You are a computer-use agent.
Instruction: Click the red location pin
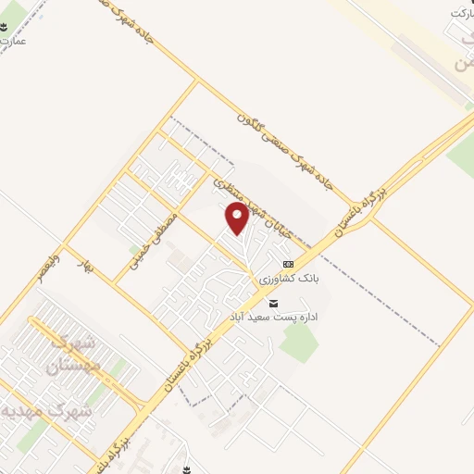coord(238,218)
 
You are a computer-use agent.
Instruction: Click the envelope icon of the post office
coord(272,303)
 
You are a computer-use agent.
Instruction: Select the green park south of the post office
coord(298,343)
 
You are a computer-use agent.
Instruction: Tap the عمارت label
coord(14,42)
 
